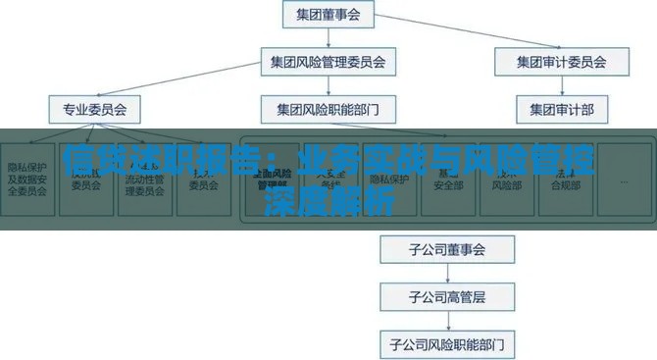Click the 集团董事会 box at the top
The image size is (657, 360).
(328, 15)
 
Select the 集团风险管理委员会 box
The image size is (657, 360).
(328, 62)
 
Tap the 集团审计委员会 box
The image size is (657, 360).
(561, 62)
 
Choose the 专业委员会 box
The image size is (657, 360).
(88, 108)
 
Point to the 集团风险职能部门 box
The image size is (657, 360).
(328, 108)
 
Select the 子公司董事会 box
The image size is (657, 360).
(447, 249)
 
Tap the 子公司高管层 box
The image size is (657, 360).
(447, 296)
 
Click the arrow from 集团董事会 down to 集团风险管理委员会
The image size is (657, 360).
(328, 38)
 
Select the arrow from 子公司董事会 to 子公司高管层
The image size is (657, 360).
(447, 273)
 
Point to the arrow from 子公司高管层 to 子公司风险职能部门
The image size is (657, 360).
(447, 320)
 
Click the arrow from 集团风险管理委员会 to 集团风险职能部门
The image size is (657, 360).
(328, 85)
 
